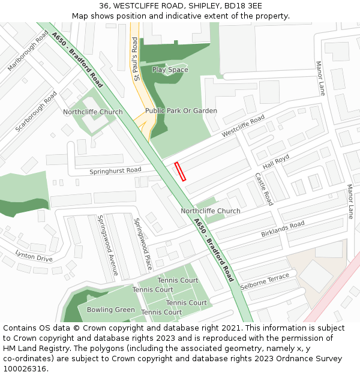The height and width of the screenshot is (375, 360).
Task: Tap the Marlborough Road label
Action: coord(28,51)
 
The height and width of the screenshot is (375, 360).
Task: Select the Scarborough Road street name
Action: coord(37,112)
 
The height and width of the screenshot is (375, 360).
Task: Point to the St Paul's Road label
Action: coord(136,59)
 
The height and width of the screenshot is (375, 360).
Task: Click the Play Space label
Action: coord(170,70)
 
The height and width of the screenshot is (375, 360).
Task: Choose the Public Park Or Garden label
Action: coord(181,111)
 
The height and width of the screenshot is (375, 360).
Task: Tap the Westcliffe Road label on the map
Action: coord(243,127)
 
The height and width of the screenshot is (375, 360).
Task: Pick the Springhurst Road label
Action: coord(115,170)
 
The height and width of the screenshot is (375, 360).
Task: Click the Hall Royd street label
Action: coord(276,160)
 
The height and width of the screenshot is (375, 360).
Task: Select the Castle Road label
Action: coord(264,189)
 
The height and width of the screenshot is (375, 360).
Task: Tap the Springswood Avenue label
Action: coord(109,247)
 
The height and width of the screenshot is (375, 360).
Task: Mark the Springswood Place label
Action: coord(144,242)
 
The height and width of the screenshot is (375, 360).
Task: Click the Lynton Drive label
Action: coord(34,256)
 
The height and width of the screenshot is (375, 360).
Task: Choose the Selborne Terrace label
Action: coord(265,281)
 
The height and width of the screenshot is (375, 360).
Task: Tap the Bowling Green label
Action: coord(111,310)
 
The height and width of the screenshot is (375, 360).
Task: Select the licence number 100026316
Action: coord(25,369)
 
